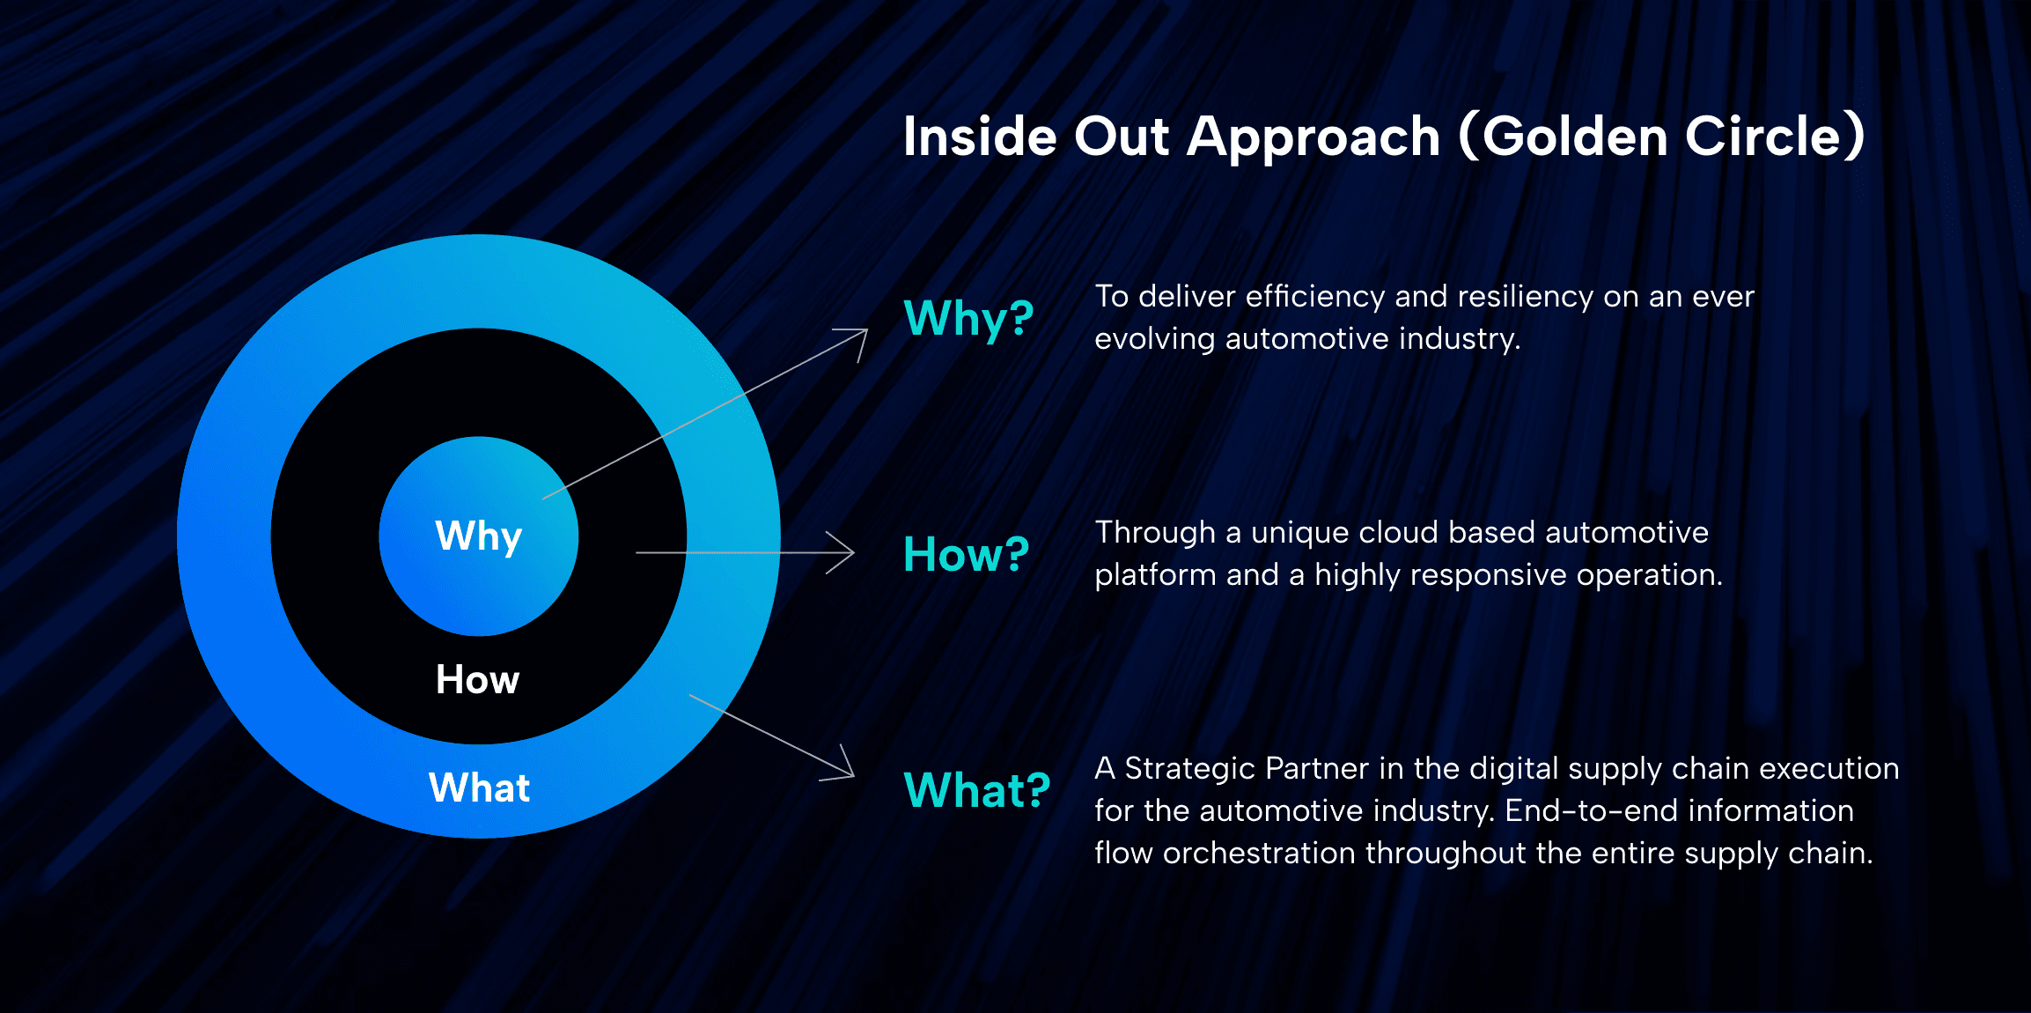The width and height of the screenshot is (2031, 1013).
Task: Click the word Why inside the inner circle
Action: pos(479,536)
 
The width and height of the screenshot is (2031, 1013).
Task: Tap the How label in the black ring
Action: pos(478,680)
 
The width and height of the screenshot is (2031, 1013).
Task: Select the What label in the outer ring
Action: pos(480,787)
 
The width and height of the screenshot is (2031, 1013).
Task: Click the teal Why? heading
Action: pos(968,319)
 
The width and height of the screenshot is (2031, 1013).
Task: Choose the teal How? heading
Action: pos(967,554)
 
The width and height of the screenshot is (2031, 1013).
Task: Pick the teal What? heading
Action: pos(977,789)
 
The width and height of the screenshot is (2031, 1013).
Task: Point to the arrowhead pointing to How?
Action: pos(842,553)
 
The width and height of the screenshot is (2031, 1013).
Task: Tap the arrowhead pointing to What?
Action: pos(841,765)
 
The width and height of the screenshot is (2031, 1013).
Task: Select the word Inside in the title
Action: pos(980,137)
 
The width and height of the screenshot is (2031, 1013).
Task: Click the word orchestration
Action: pos(1259,854)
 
